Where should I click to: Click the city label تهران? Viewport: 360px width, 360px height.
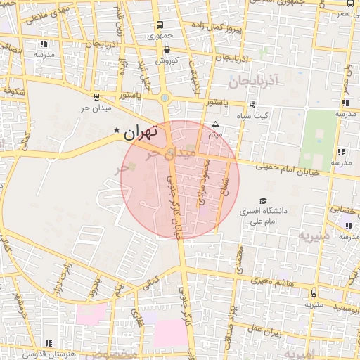pyautogui.click(x=141, y=131)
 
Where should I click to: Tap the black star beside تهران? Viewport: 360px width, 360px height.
pyautogui.click(x=117, y=130)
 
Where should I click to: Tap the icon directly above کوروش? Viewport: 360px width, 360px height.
pyautogui.click(x=167, y=50)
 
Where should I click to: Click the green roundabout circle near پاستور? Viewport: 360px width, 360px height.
pyautogui.click(x=165, y=98)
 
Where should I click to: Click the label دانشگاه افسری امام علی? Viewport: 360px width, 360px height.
pyautogui.click(x=262, y=216)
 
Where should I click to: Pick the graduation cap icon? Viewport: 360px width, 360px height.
pyautogui.click(x=263, y=200)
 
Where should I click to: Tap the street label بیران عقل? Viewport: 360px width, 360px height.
pyautogui.click(x=264, y=330)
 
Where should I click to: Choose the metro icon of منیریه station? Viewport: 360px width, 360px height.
pyautogui.click(x=313, y=293)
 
